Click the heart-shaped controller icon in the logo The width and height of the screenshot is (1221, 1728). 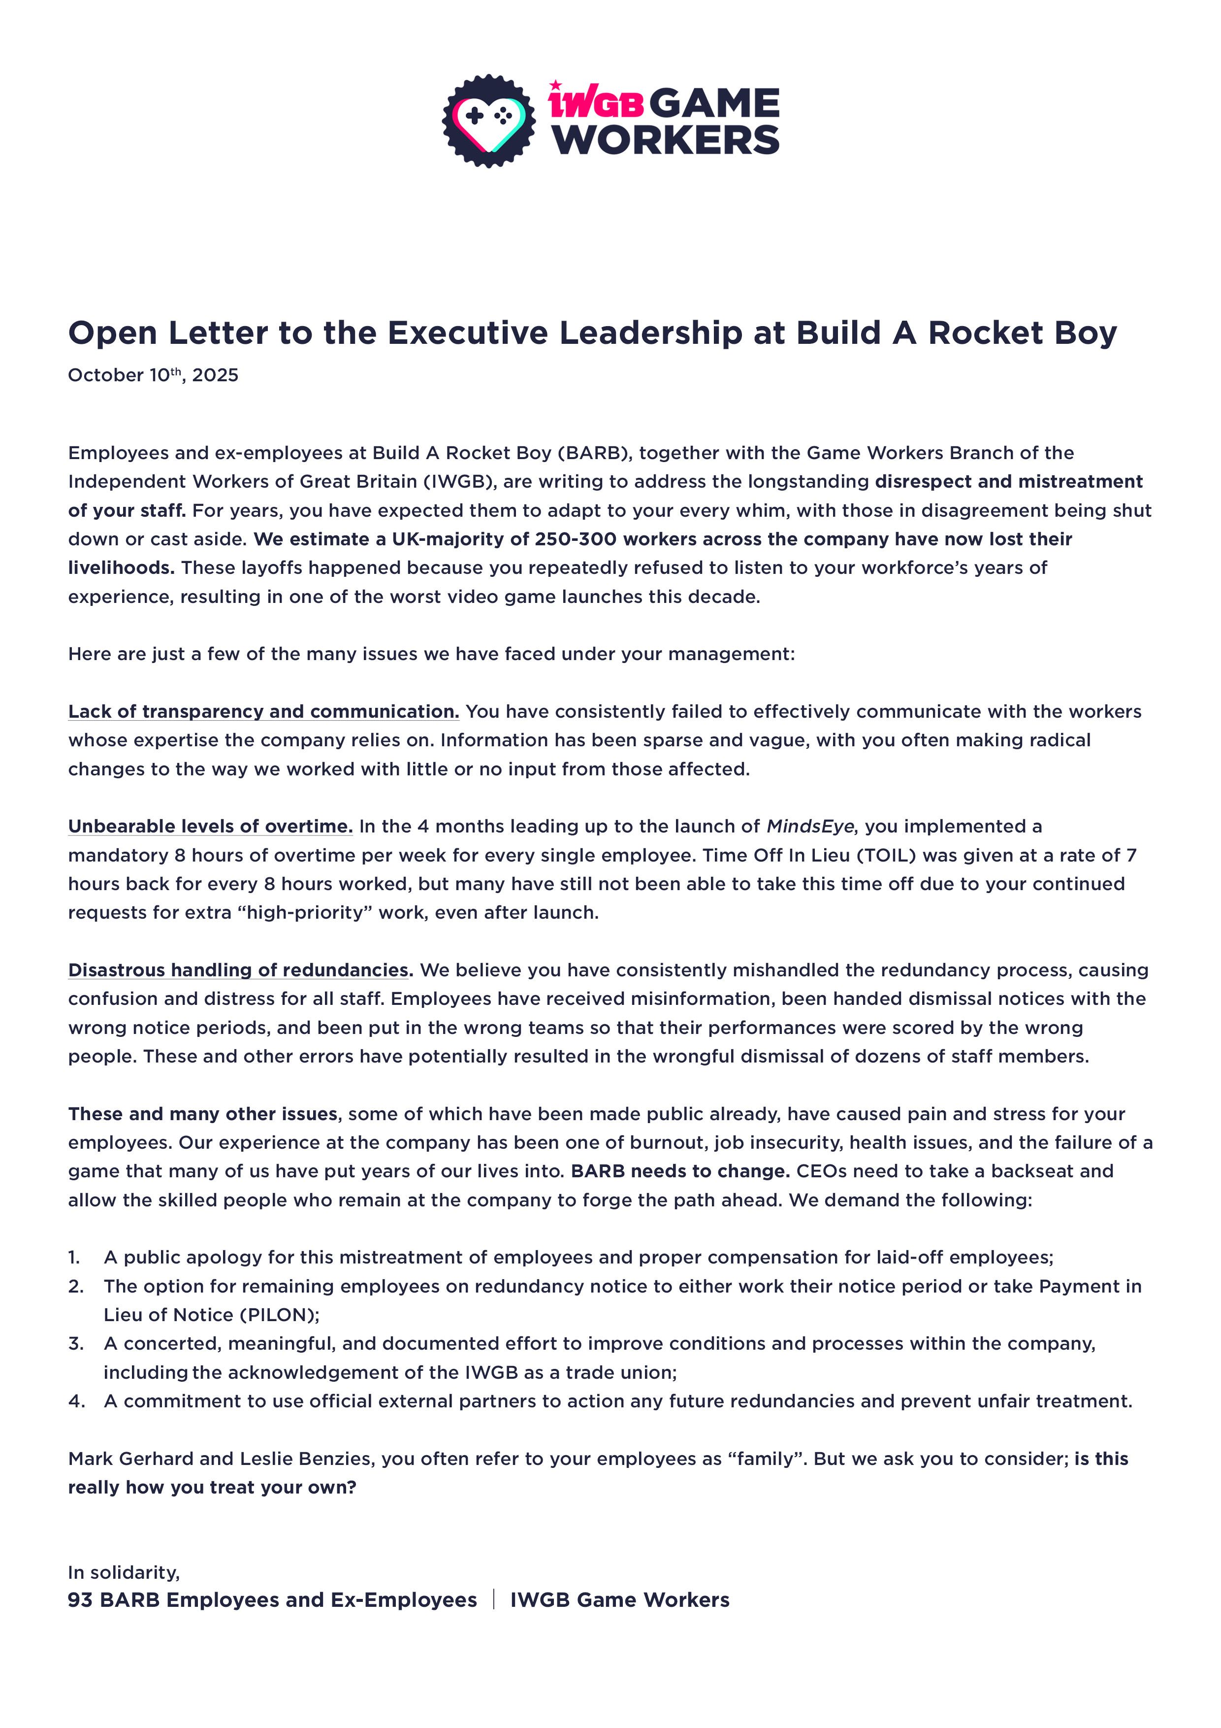point(489,120)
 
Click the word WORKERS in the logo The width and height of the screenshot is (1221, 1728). point(667,140)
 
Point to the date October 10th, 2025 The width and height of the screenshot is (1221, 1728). point(153,375)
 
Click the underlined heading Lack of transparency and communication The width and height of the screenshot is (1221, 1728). point(263,711)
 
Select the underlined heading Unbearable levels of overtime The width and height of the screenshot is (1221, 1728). point(210,827)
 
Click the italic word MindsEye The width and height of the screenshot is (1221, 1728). point(809,827)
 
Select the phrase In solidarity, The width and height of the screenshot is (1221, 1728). point(124,1572)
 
